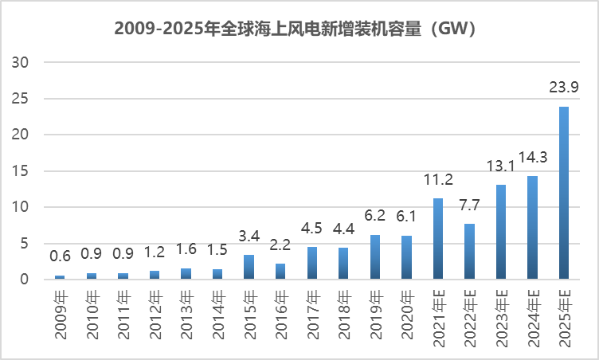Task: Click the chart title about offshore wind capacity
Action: [x=299, y=29]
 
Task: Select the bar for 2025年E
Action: [x=564, y=193]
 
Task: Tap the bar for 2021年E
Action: [x=438, y=239]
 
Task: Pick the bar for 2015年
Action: [x=249, y=267]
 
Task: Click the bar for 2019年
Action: [x=374, y=257]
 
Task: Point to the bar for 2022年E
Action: [x=469, y=252]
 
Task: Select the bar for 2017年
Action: [x=311, y=263]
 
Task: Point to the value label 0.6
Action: [x=60, y=257]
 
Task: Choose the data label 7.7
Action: [x=469, y=207]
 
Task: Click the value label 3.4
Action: [x=249, y=237]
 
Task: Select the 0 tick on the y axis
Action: [x=26, y=280]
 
